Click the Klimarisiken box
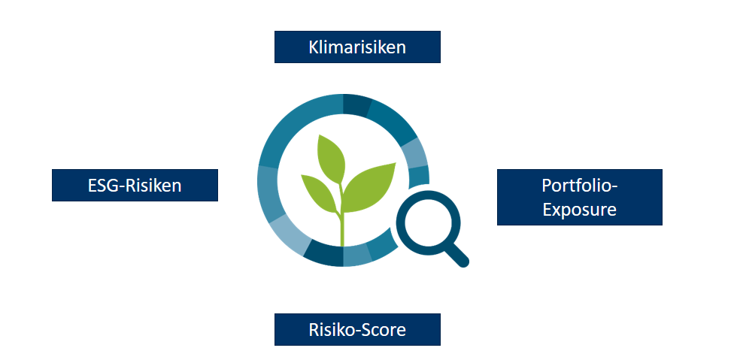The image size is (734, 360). tap(357, 47)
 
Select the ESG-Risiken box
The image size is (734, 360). tap(135, 185)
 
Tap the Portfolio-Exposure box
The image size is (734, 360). tap(580, 198)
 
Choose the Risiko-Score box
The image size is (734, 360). tap(357, 330)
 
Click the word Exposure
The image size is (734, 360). tap(580, 210)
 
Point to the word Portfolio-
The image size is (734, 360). tap(580, 186)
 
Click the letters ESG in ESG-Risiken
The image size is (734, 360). tap(102, 186)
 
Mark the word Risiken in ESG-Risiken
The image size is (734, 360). tap(152, 186)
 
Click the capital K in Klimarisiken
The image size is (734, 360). tap(313, 47)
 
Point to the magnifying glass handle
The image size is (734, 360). tap(456, 256)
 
